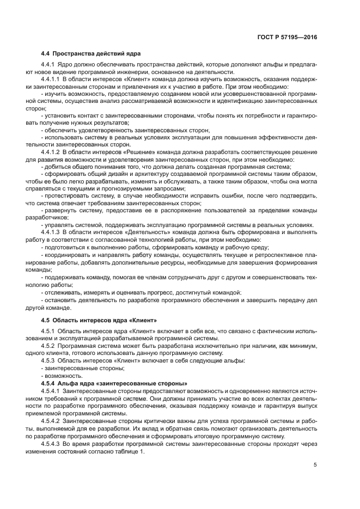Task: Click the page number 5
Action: pos(315,464)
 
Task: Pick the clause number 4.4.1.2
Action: pos(51,152)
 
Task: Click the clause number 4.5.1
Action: pos(48,331)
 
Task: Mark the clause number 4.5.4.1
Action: pos(51,391)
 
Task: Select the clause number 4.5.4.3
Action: pos(51,444)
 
